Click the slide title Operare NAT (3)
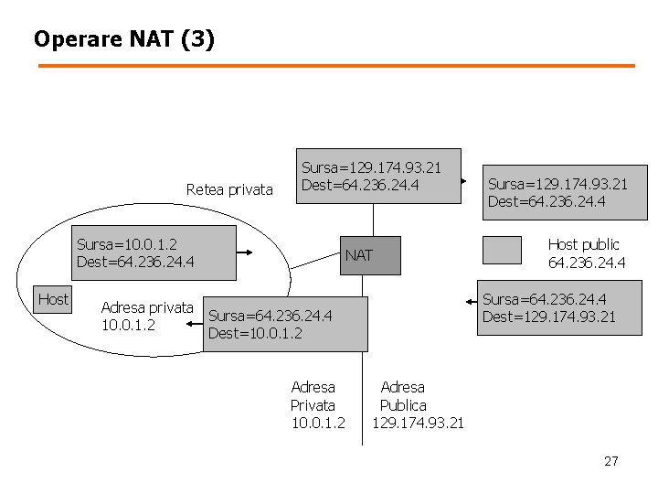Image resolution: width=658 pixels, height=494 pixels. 124,39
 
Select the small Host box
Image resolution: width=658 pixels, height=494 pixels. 53,299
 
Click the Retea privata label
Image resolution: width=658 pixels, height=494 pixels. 229,189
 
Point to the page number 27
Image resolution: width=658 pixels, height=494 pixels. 610,461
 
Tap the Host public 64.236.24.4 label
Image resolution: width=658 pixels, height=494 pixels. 586,253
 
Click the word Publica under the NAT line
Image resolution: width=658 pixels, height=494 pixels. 403,404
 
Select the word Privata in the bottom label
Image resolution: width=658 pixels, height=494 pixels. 313,404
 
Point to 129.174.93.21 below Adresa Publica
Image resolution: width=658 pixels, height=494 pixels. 418,423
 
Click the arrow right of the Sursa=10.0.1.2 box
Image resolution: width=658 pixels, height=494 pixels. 251,253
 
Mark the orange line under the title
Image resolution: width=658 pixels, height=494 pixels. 335,66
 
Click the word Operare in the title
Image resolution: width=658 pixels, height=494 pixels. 72,39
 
